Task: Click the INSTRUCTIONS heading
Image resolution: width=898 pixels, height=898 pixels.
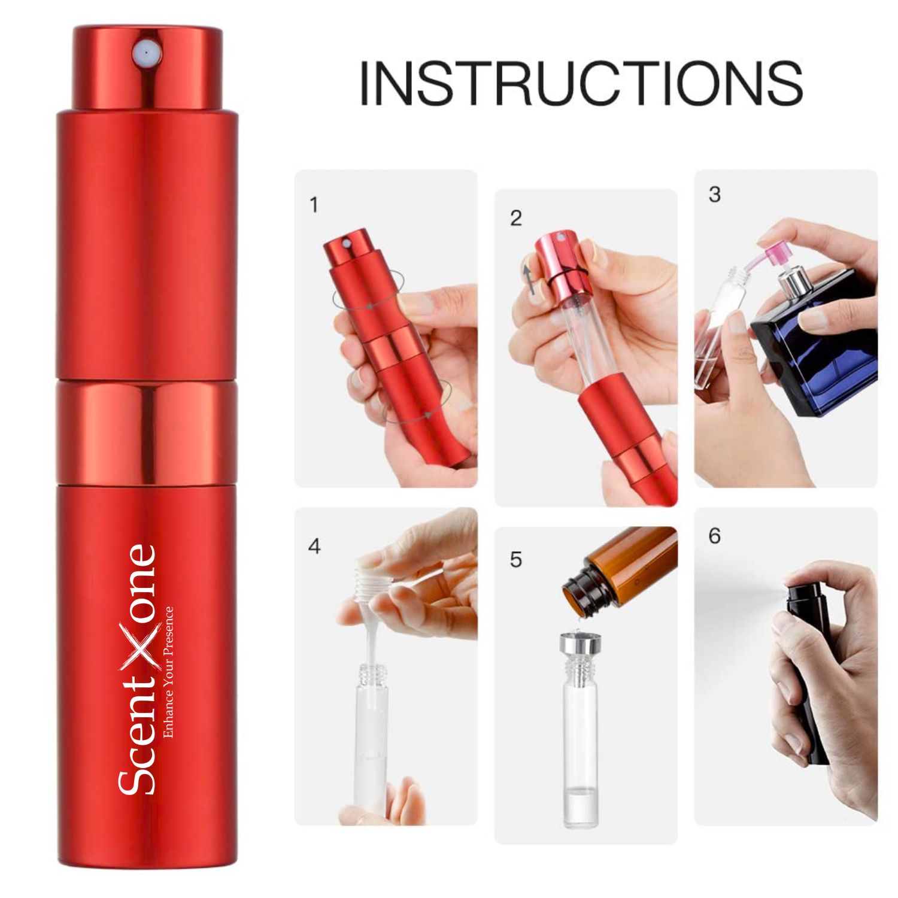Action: tap(580, 83)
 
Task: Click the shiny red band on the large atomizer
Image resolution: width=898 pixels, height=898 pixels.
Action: tap(147, 432)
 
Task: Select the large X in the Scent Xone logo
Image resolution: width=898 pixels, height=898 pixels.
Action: tap(141, 645)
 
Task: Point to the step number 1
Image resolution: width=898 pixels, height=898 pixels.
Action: tap(314, 205)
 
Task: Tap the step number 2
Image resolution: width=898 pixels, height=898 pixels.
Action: tap(515, 218)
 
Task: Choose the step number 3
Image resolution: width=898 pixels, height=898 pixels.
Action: tap(714, 195)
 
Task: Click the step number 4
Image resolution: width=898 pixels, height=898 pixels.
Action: tap(314, 546)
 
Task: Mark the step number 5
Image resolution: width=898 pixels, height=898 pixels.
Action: tap(515, 560)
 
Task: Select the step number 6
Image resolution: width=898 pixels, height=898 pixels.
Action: tap(714, 536)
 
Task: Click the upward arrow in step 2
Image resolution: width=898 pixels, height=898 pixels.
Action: tap(528, 279)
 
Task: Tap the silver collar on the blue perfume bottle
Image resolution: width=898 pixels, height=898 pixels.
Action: tap(793, 283)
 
